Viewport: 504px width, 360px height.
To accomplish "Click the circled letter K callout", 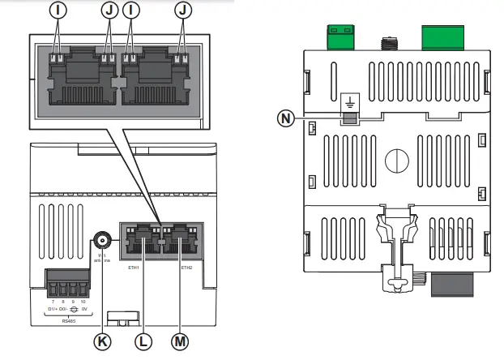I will click(104, 341).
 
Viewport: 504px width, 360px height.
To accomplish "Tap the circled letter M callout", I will click(180, 341).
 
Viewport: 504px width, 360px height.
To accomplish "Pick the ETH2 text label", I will click(186, 266).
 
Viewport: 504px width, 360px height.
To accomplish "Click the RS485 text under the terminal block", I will click(69, 319).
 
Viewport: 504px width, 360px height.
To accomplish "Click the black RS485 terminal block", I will click(69, 286).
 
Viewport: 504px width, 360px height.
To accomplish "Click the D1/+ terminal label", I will click(52, 310).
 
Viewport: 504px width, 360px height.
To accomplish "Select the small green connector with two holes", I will click(338, 36).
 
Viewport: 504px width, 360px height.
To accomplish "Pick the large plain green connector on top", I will click(444, 35).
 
